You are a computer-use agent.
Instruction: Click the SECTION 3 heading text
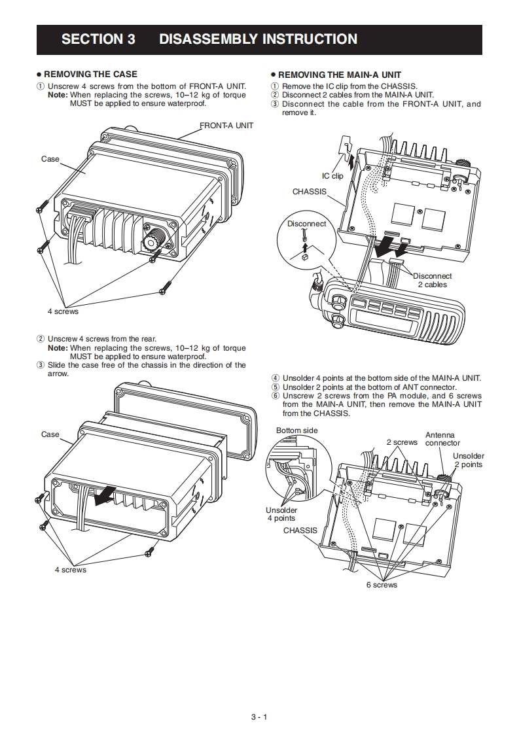click(98, 39)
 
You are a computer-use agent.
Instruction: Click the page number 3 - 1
click(259, 717)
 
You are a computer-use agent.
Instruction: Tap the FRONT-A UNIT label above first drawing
click(226, 125)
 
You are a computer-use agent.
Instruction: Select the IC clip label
click(332, 176)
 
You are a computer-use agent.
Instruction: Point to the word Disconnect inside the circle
click(306, 224)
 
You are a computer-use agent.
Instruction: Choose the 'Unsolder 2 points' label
click(468, 460)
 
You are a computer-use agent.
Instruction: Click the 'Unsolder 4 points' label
click(281, 514)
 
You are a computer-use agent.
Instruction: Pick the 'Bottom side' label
click(296, 430)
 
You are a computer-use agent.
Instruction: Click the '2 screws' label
click(401, 442)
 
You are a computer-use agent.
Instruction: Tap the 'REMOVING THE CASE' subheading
click(90, 75)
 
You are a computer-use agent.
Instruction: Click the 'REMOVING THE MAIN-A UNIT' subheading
click(340, 75)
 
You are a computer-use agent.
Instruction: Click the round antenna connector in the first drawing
click(154, 236)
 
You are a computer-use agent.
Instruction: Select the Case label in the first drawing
click(50, 159)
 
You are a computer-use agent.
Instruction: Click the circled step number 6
click(276, 396)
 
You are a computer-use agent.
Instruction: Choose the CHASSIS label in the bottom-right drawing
click(300, 531)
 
